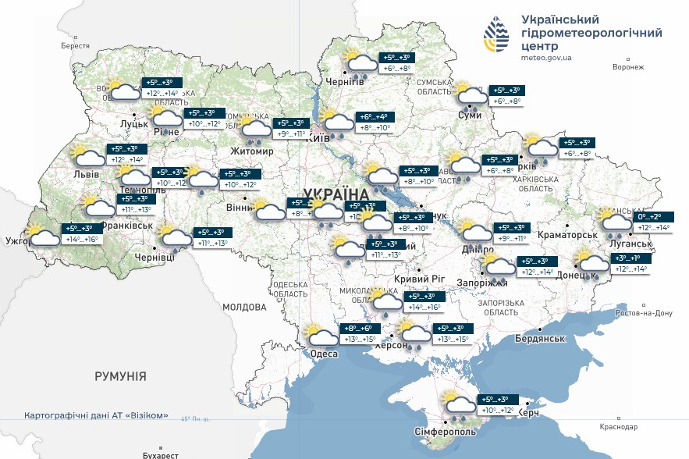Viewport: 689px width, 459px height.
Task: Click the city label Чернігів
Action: [x=345, y=82]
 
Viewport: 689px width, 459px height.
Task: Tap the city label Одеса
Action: [x=324, y=354]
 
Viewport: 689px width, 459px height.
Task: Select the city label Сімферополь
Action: [x=443, y=432]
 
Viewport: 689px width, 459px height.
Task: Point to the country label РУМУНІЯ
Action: [x=120, y=376]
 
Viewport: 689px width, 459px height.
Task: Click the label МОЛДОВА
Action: [x=245, y=307]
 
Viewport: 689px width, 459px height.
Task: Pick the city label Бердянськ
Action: [x=539, y=338]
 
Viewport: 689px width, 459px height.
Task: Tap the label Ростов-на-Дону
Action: [x=644, y=313]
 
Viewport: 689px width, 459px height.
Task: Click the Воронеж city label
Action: [x=628, y=67]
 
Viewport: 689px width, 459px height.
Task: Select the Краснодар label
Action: [x=619, y=427]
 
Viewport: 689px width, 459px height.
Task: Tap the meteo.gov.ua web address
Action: [x=546, y=57]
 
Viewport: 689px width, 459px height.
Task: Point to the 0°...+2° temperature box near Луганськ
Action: [x=649, y=217]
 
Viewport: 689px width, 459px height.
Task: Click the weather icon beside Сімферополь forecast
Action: [x=457, y=404]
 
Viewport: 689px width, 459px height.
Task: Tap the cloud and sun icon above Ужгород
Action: [x=42, y=233]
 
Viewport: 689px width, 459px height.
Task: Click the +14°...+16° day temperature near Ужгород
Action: [x=82, y=239]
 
